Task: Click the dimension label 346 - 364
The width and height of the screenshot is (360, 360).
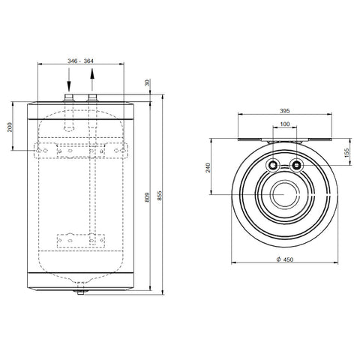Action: (80, 61)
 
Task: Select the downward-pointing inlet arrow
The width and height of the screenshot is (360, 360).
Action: (69, 79)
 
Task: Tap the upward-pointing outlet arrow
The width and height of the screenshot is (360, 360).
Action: (92, 79)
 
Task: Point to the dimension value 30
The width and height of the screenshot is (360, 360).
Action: (148, 82)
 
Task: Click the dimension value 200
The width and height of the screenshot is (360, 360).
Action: (10, 127)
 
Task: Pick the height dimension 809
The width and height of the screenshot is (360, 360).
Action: (147, 197)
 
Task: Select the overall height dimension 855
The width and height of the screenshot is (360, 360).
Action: (160, 196)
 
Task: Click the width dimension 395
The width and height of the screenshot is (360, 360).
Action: (285, 111)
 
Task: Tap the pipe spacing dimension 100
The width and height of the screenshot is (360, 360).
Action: (285, 124)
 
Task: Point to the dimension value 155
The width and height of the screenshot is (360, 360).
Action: (346, 153)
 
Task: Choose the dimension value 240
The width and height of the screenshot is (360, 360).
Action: (208, 167)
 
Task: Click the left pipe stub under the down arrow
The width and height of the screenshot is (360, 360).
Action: (69, 97)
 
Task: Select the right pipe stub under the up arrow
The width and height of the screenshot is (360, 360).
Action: (92, 97)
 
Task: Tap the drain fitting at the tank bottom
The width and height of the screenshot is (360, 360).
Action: (80, 292)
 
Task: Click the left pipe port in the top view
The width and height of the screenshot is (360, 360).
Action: (273, 166)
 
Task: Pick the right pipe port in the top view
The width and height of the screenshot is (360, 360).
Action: (296, 166)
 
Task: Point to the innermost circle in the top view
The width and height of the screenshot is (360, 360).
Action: (285, 183)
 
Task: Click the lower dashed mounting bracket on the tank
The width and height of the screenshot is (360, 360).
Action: (81, 241)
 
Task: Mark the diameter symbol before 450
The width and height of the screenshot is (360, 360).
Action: (279, 259)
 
